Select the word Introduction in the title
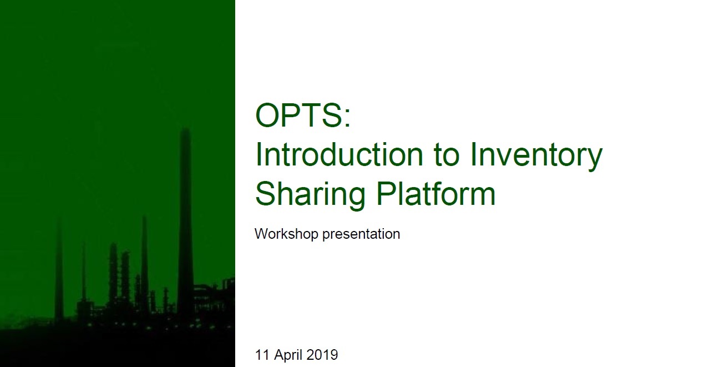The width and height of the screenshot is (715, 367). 339,154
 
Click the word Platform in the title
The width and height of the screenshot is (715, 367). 436,194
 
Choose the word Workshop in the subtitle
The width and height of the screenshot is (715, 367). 287,234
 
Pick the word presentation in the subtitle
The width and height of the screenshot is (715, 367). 361,235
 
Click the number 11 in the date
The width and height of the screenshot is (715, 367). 262,355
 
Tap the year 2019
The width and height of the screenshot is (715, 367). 322,355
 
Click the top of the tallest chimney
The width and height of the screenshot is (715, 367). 185,129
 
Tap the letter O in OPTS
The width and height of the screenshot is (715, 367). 267,115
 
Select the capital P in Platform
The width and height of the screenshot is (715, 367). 387,194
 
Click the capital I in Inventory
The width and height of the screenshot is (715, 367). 473,154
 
